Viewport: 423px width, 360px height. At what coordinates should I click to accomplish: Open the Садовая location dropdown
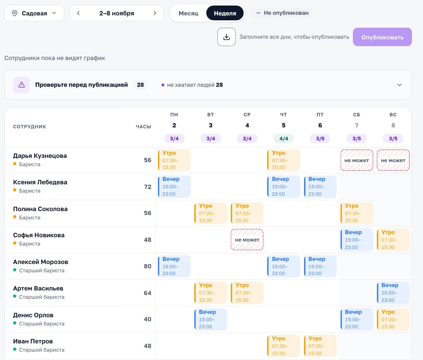point(34,13)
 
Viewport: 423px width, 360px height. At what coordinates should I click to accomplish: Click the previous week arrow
point(78,13)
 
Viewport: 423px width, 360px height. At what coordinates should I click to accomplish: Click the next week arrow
point(155,13)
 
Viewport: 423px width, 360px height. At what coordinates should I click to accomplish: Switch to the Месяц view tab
point(188,13)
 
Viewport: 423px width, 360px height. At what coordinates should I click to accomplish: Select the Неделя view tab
point(225,13)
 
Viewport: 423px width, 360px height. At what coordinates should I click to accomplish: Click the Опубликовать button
point(382,37)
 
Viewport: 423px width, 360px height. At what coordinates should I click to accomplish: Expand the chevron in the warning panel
point(399,85)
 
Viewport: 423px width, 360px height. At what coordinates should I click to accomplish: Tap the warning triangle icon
point(22,85)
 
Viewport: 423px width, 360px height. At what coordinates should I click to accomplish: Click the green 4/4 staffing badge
point(284,139)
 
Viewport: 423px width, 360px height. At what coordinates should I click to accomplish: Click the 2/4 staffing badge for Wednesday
point(247,139)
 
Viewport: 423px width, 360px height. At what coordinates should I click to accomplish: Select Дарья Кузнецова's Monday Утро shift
point(174,160)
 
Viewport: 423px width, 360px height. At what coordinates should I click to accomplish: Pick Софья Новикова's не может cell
point(247,240)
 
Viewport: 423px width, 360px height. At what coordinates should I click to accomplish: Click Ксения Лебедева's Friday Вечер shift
point(320,186)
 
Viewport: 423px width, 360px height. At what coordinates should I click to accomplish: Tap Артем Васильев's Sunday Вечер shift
point(393,293)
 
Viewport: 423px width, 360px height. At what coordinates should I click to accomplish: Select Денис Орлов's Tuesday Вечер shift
point(211,319)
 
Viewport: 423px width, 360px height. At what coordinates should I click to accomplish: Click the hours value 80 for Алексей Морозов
point(148,266)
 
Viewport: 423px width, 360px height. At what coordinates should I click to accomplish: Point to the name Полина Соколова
point(40,209)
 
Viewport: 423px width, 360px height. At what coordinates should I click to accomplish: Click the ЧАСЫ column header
point(144,127)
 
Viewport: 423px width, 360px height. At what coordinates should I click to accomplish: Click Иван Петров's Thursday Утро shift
point(284,346)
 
